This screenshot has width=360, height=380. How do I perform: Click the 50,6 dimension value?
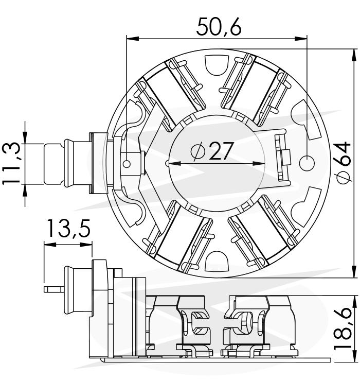point(219,27)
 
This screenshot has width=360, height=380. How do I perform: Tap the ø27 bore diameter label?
point(212,151)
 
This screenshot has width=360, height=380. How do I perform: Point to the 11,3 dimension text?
point(11,164)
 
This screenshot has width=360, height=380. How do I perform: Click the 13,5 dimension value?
point(69,228)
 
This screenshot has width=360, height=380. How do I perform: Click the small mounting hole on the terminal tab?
point(127,164)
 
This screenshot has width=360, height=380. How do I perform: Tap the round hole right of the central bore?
point(307,163)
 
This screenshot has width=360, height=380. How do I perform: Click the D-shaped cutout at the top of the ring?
point(217,65)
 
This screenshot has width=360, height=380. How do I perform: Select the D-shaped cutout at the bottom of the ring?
point(217,261)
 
